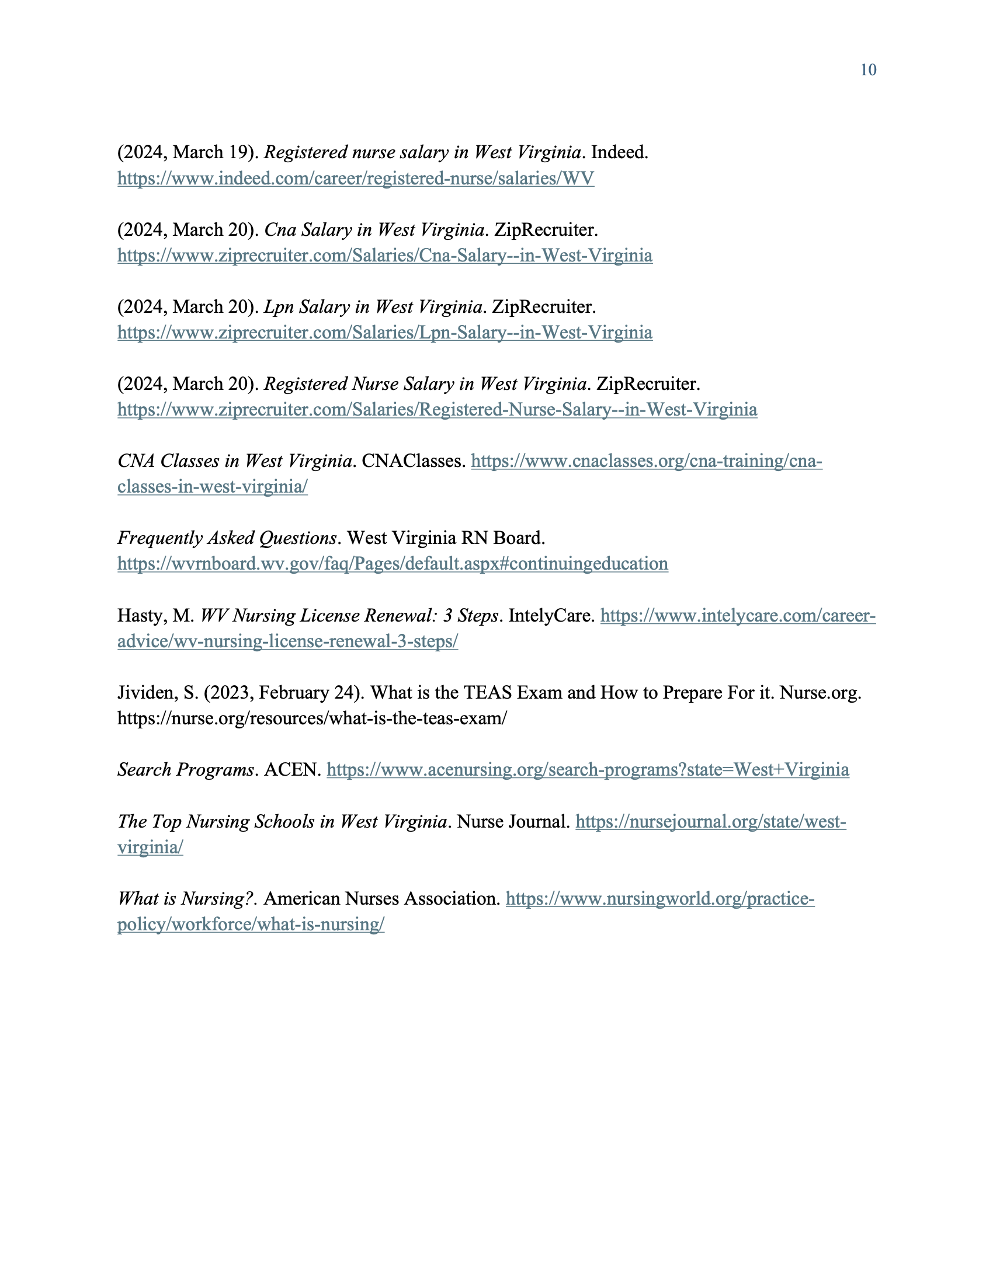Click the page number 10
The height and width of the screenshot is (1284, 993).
[x=867, y=70]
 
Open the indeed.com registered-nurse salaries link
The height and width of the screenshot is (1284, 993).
[x=355, y=178]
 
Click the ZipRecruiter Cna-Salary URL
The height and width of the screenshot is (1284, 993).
[x=385, y=255]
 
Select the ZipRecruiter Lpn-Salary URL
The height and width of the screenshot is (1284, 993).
[x=385, y=333]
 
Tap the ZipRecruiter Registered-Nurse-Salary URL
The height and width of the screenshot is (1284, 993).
[x=437, y=410]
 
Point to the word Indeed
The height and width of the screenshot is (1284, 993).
[x=618, y=152]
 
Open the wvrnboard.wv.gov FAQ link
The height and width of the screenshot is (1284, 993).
[x=393, y=564]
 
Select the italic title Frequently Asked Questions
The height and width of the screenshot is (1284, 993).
[x=227, y=538]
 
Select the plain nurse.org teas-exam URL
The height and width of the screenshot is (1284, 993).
[x=312, y=718]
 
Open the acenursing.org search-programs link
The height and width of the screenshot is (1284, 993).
[x=588, y=770]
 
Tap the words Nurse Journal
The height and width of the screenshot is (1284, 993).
[x=513, y=821]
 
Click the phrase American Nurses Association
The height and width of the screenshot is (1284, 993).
[x=381, y=898]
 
